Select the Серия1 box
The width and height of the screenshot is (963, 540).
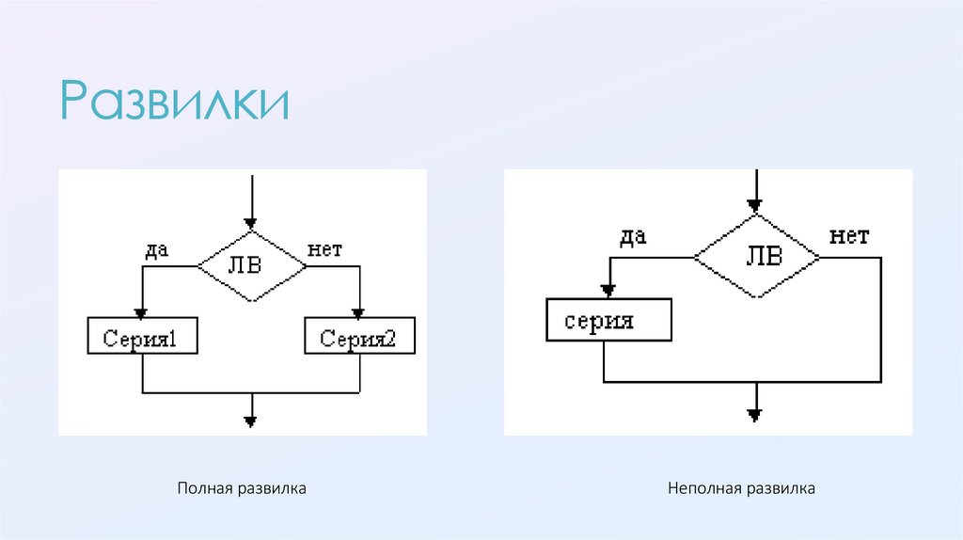point(142,336)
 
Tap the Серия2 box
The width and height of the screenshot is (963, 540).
point(360,336)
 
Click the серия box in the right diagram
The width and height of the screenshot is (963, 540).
point(608,320)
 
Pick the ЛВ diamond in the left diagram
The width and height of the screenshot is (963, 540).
point(251,266)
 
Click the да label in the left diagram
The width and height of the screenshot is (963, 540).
point(155,250)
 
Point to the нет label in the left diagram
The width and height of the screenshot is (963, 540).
point(325,250)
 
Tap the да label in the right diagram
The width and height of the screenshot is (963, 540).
point(632,236)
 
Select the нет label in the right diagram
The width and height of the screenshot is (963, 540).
point(848,236)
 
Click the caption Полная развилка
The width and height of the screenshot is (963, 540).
point(242,489)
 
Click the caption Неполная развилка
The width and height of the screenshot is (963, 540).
point(741,489)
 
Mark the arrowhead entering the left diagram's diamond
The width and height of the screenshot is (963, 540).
point(251,222)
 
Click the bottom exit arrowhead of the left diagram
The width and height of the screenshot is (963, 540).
point(251,420)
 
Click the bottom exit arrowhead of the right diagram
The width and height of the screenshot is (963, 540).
point(754,414)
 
